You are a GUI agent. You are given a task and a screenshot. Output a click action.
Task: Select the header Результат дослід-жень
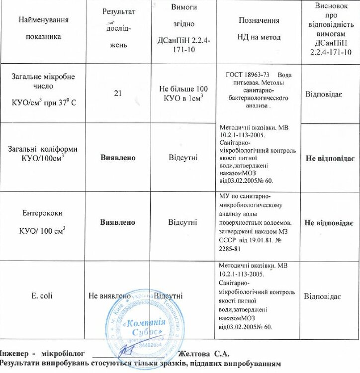click(x=118, y=28)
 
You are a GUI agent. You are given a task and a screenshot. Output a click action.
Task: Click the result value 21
click(x=118, y=92)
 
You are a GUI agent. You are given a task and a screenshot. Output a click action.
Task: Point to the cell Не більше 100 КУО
click(x=183, y=93)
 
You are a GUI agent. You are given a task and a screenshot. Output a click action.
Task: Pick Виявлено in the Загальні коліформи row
click(x=118, y=157)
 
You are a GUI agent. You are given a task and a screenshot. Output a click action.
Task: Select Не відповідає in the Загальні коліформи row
click(x=329, y=158)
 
